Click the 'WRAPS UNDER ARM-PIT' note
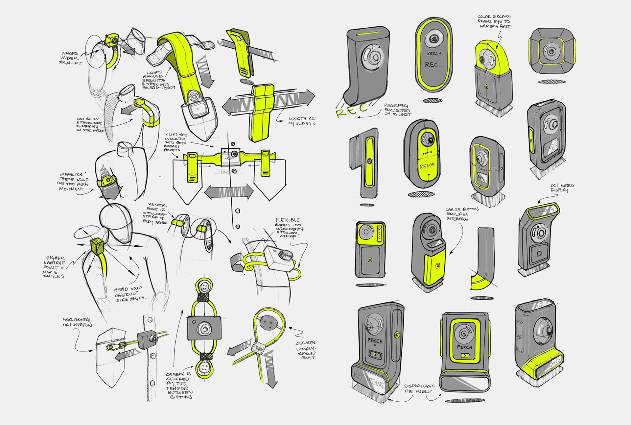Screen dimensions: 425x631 pos(70,58)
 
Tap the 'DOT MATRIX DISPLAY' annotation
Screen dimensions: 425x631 pos(562,188)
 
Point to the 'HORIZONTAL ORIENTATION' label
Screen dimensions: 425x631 pos(78,322)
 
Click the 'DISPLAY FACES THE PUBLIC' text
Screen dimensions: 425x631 pos(419,389)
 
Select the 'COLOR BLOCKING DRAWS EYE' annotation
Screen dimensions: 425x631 pos(494,21)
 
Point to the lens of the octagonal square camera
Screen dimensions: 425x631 pos(551,51)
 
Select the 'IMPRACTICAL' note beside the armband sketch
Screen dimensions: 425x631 pos(74,182)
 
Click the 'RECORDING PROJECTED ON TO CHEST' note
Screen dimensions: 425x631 pos(397,110)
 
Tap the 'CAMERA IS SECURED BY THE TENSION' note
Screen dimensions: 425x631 pos(179,385)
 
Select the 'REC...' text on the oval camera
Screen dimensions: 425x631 pos(434,65)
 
